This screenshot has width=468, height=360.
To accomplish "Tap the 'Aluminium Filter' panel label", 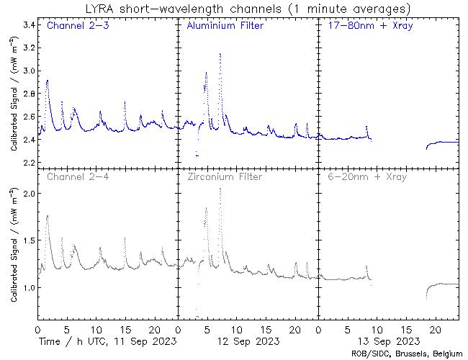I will click(225, 27).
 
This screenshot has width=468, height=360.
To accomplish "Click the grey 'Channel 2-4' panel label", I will click(75, 176).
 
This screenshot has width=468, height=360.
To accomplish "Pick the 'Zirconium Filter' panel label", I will click(225, 176).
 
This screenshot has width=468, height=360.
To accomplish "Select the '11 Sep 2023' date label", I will click(107, 340).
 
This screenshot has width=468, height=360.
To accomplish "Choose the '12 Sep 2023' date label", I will click(248, 340).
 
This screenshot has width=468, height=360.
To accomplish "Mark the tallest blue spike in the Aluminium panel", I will click(220, 53).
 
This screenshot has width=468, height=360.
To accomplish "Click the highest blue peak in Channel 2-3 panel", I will click(48, 81).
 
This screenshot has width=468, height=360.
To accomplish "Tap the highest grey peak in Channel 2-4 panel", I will click(48, 215).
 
